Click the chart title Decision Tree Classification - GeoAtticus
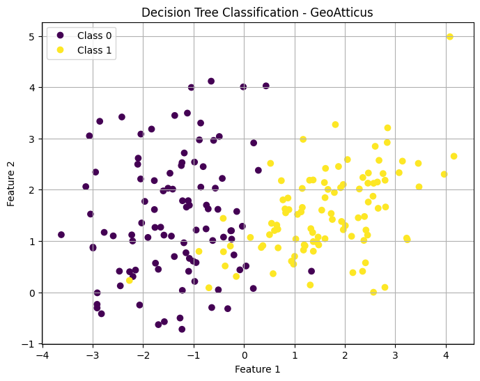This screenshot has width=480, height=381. point(258,13)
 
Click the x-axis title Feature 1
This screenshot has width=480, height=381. point(258,369)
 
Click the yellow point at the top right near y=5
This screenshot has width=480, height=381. point(449,37)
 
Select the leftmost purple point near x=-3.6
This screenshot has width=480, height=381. point(61,235)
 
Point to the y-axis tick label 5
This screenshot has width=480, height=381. point(31,36)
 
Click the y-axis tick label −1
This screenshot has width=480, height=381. point(29,344)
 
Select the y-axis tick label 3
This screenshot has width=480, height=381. point(31,139)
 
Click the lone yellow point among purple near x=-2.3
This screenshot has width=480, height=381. point(130,280)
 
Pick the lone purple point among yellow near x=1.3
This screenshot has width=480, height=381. point(311,272)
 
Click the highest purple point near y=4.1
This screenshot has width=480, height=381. point(211,81)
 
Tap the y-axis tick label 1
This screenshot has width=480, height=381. point(31,242)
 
